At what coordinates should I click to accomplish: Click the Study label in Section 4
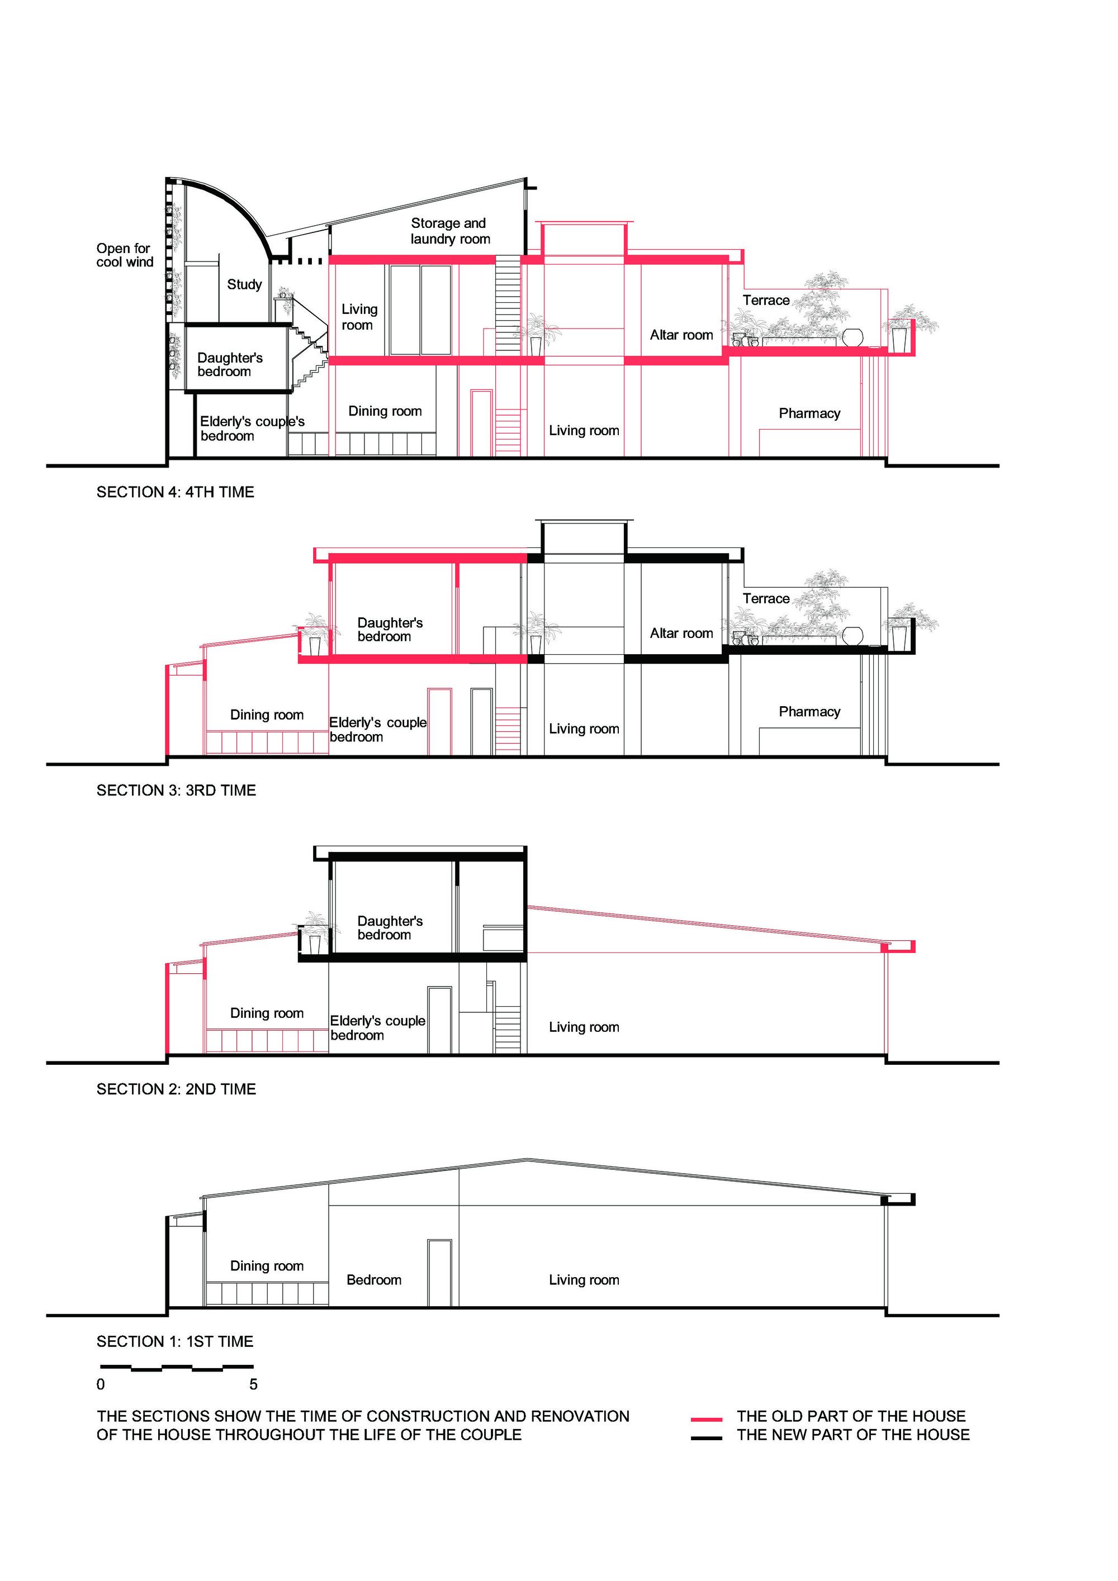coord(244,284)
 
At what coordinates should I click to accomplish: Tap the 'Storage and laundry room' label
coord(450,231)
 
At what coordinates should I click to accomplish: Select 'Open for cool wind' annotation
coord(124,255)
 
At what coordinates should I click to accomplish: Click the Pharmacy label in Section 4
coord(809,413)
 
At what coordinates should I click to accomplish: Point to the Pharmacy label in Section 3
coord(809,711)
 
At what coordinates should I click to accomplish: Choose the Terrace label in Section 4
coord(765,300)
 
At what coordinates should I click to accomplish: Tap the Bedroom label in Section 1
coord(373,1279)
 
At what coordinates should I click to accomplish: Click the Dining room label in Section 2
coord(267,1013)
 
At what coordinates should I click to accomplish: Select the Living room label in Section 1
coord(584,1279)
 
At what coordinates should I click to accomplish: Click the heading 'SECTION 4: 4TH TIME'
coord(175,492)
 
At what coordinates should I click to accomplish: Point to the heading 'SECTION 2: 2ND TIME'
coord(176,1089)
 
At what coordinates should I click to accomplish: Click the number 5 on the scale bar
coord(253,1384)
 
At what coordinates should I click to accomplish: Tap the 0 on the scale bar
coord(101,1384)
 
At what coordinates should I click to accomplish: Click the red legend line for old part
coord(706,1419)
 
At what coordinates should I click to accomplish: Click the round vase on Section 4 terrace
coord(852,337)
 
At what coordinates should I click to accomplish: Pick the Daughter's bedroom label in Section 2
coord(389,927)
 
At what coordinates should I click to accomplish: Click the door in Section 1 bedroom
coord(439,1273)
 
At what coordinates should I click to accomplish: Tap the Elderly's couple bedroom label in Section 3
coord(377,729)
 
